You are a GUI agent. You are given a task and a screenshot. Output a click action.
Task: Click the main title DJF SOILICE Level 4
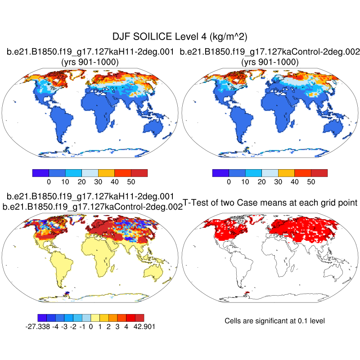[x=180, y=36]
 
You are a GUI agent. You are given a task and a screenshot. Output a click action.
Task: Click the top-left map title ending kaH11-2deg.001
[x=90, y=52]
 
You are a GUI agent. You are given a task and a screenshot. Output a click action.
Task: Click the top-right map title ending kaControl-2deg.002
[x=270, y=52]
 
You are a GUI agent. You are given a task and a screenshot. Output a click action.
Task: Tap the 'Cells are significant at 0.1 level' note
[x=274, y=321]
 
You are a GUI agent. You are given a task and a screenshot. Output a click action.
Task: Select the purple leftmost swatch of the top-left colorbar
[x=41, y=173]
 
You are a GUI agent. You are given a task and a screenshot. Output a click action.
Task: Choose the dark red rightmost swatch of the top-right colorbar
[x=319, y=173]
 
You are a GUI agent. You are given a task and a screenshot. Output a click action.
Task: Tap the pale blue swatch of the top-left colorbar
[x=90, y=173]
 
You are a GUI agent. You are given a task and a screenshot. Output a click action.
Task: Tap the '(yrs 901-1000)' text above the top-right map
[x=270, y=62]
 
